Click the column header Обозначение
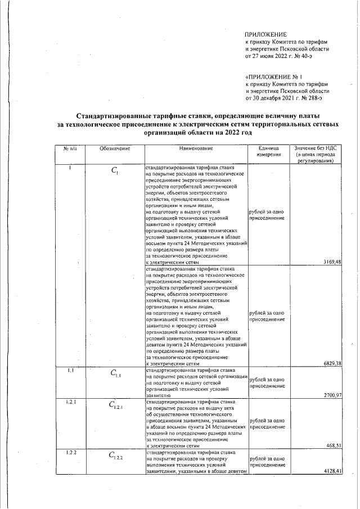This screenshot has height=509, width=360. [115, 148]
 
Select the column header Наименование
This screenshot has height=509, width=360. [196, 148]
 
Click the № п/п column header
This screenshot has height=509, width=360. [69, 148]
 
